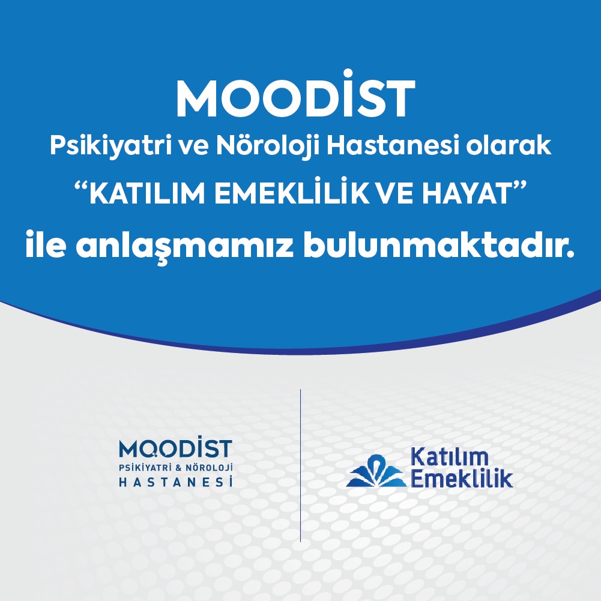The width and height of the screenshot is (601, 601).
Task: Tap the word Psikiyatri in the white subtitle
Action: point(110,146)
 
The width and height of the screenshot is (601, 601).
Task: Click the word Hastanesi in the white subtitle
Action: point(393,145)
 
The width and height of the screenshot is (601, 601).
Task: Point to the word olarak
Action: point(509,145)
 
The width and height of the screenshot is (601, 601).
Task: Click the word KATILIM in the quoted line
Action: point(148,193)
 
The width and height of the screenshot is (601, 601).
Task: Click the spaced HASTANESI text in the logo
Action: point(176,482)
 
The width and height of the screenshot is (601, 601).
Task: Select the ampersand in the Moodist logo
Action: point(178,468)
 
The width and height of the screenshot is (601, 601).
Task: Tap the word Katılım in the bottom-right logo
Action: point(449,458)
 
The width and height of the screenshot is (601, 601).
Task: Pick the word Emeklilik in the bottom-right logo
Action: point(462,477)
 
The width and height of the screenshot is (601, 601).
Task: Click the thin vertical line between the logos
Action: point(300,465)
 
